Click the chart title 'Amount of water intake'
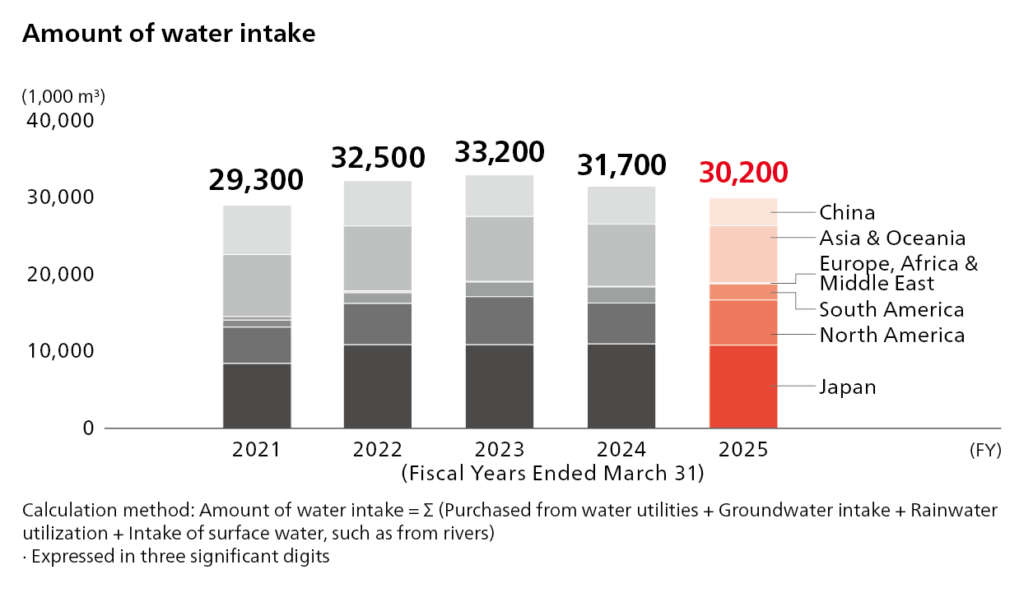(169, 34)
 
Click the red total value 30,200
(743, 172)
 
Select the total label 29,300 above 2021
(256, 179)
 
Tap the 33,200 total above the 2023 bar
(500, 152)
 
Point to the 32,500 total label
(378, 157)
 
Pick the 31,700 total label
(621, 165)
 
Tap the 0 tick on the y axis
(88, 428)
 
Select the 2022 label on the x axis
(378, 450)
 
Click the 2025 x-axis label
(743, 450)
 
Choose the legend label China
(847, 213)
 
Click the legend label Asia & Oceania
(892, 238)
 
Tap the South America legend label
(891, 310)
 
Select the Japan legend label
(847, 387)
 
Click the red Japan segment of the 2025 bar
(743, 387)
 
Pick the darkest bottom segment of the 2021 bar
(257, 396)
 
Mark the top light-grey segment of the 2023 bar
(500, 196)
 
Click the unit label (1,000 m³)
(63, 96)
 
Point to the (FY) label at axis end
(984, 451)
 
